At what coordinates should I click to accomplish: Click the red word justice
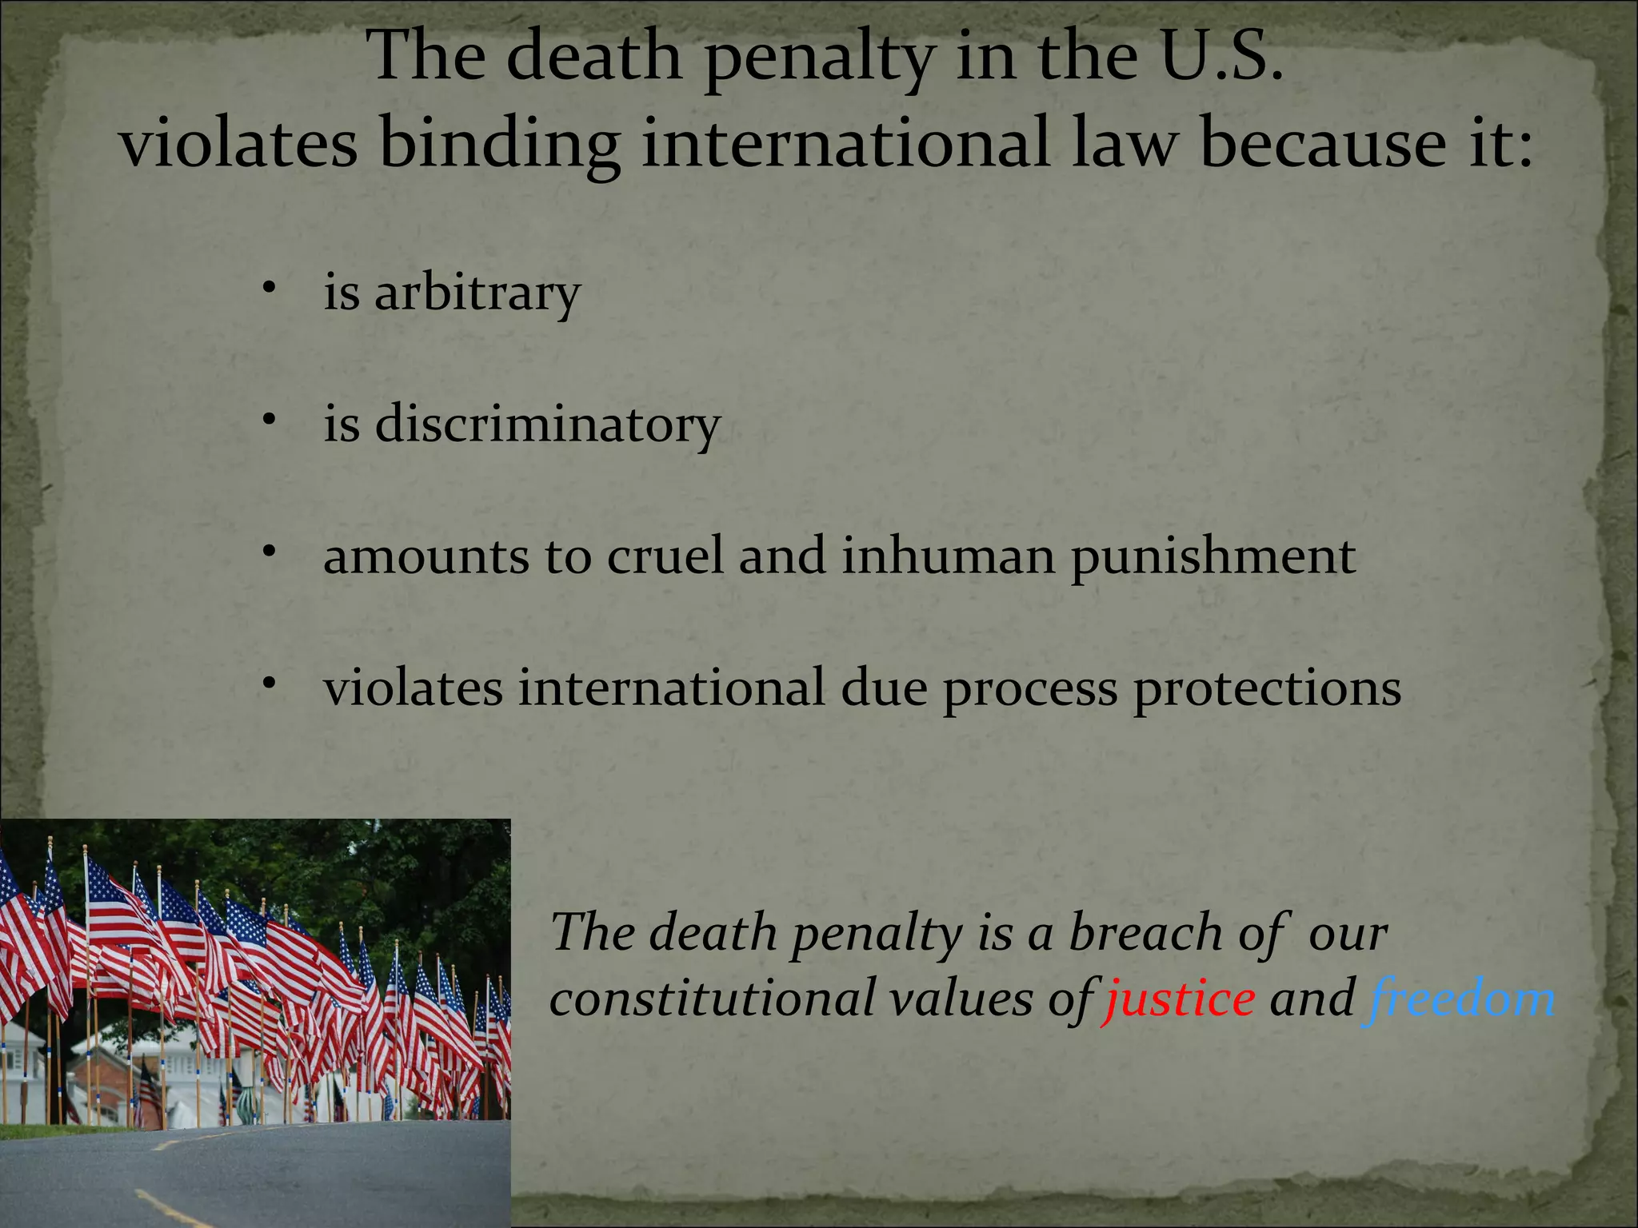[x=1178, y=1000]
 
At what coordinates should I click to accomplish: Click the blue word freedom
[x=1460, y=999]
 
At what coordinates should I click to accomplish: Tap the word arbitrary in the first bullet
[x=477, y=293]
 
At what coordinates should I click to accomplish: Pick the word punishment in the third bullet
[x=1213, y=557]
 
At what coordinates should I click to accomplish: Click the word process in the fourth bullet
[x=1029, y=689]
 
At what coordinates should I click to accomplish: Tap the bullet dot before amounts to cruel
[x=270, y=552]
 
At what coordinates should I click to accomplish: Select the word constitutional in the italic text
[x=712, y=1000]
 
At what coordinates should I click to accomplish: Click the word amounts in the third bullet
[x=425, y=556]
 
